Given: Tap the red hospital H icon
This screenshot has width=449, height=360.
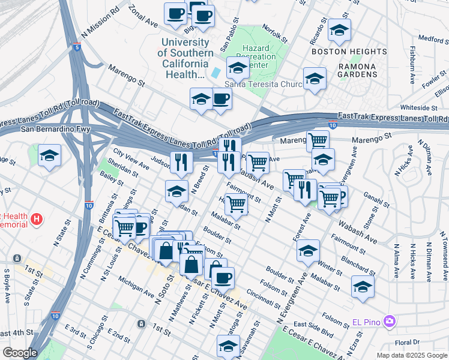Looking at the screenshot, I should click(37, 220).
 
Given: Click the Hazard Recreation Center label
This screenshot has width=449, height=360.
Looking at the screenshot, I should click(259, 56).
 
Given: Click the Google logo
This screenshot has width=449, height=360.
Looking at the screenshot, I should click(20, 352).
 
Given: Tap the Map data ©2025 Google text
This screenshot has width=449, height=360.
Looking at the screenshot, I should click(411, 355).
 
